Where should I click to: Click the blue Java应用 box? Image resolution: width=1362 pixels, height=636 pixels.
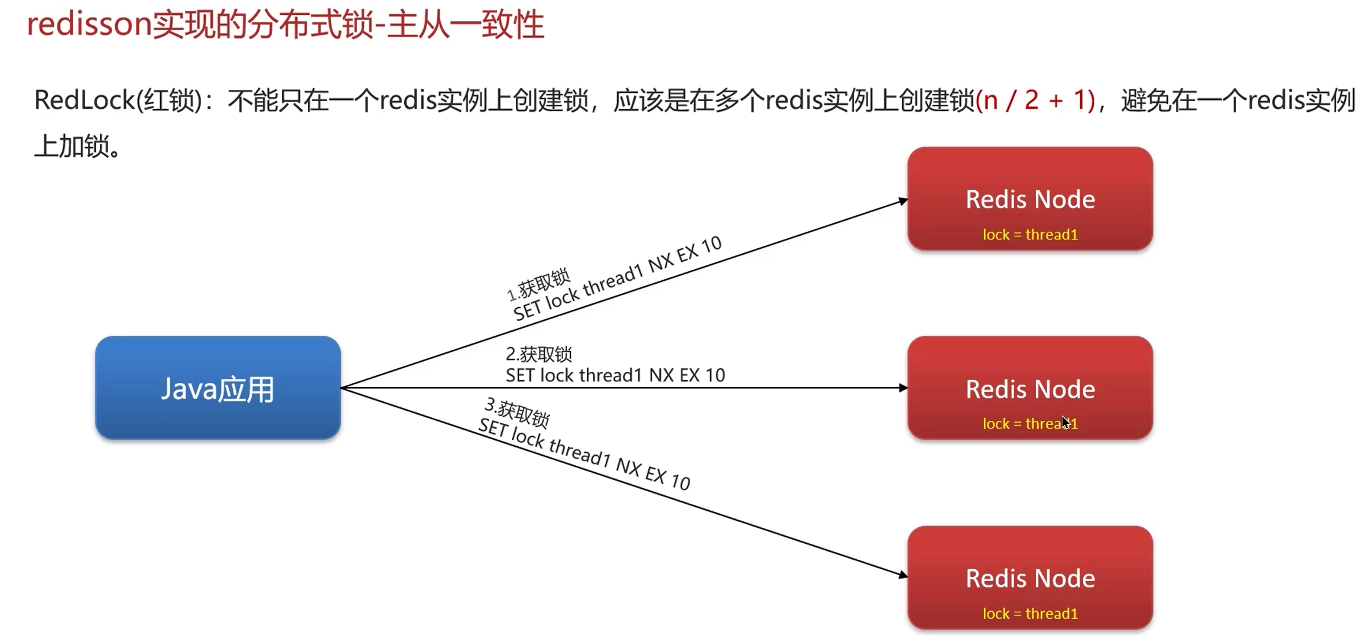click(217, 388)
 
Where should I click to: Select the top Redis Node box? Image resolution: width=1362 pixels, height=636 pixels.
click(1029, 199)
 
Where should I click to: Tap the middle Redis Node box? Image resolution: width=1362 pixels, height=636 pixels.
click(1029, 388)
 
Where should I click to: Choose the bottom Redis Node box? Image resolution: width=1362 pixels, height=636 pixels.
click(1029, 577)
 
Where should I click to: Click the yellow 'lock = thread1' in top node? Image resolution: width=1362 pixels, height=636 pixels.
click(1029, 235)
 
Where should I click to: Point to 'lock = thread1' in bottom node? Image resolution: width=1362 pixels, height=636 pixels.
click(1029, 614)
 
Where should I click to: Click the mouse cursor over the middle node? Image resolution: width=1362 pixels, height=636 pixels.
click(1065, 422)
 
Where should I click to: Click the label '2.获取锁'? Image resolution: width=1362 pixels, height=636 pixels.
click(538, 354)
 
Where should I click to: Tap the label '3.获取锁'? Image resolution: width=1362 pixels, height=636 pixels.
click(518, 413)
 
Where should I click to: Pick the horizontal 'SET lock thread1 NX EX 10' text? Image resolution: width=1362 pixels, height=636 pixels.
click(615, 375)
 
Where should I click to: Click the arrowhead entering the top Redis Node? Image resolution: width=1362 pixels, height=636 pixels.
click(903, 201)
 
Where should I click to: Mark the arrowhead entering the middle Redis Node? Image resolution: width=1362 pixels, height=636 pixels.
click(903, 388)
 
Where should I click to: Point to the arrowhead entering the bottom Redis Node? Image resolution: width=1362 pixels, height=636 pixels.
click(903, 575)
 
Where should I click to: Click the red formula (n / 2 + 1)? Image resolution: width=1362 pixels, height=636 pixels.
click(1035, 100)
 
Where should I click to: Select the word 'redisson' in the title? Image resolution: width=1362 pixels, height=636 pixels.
click(89, 25)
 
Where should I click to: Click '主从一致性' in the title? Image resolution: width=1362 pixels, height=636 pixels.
click(466, 25)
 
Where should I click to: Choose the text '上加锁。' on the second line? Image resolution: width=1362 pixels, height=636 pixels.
click(78, 145)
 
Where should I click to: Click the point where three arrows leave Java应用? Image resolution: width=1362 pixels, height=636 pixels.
click(342, 388)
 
